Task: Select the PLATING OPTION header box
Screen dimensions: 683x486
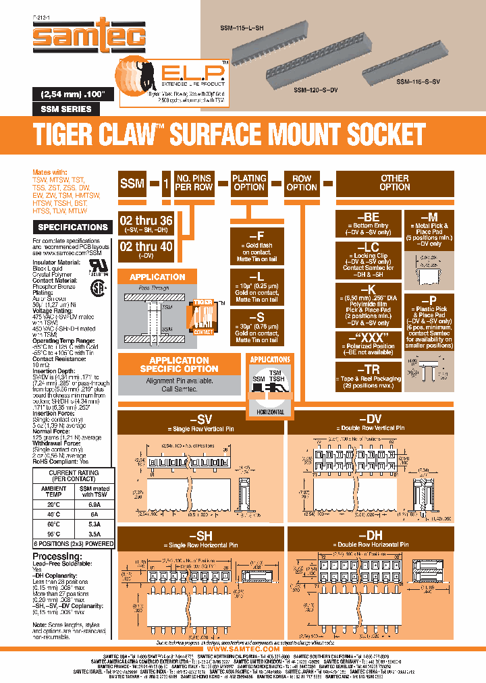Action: [x=249, y=183]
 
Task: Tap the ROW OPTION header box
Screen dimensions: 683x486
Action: [x=301, y=183]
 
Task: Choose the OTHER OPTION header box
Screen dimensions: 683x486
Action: [x=394, y=183]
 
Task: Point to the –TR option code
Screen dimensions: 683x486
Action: [x=367, y=369]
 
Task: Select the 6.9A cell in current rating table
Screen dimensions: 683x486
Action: [x=94, y=504]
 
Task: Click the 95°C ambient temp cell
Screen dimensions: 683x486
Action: [x=53, y=532]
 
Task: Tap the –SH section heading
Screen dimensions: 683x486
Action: [x=201, y=535]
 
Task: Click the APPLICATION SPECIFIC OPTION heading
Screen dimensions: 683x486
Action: [x=179, y=364]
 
